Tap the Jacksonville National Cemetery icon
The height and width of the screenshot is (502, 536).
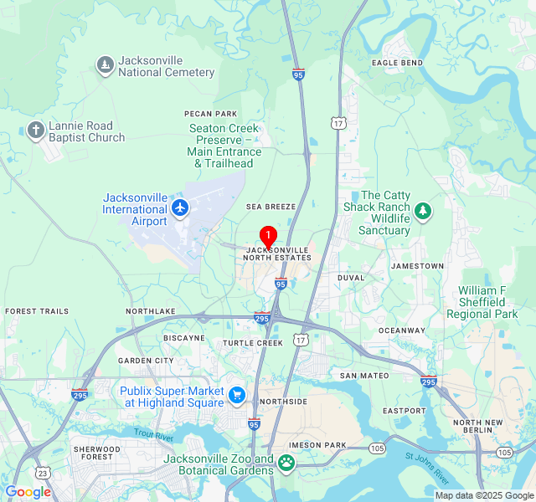[x=105, y=65]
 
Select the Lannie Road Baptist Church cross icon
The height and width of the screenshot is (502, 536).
[x=35, y=131]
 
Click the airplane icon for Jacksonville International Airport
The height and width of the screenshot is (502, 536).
[x=179, y=207]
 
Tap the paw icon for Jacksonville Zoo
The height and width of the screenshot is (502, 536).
[x=286, y=462]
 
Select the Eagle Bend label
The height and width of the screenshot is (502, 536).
[x=397, y=63]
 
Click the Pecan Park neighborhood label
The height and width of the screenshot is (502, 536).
[x=211, y=113]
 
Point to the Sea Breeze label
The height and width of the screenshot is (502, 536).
[x=271, y=206]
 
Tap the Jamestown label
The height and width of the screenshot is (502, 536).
[x=417, y=266]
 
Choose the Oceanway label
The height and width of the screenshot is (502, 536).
[x=402, y=330]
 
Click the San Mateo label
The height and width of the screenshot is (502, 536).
[x=364, y=376]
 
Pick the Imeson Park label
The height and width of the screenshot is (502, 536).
[x=317, y=444]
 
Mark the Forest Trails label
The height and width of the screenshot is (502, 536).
[x=37, y=311]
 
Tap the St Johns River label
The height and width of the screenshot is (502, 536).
[x=427, y=474]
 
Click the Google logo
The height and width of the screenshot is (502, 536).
[x=28, y=492]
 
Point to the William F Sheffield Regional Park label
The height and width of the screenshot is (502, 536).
[x=482, y=302]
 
